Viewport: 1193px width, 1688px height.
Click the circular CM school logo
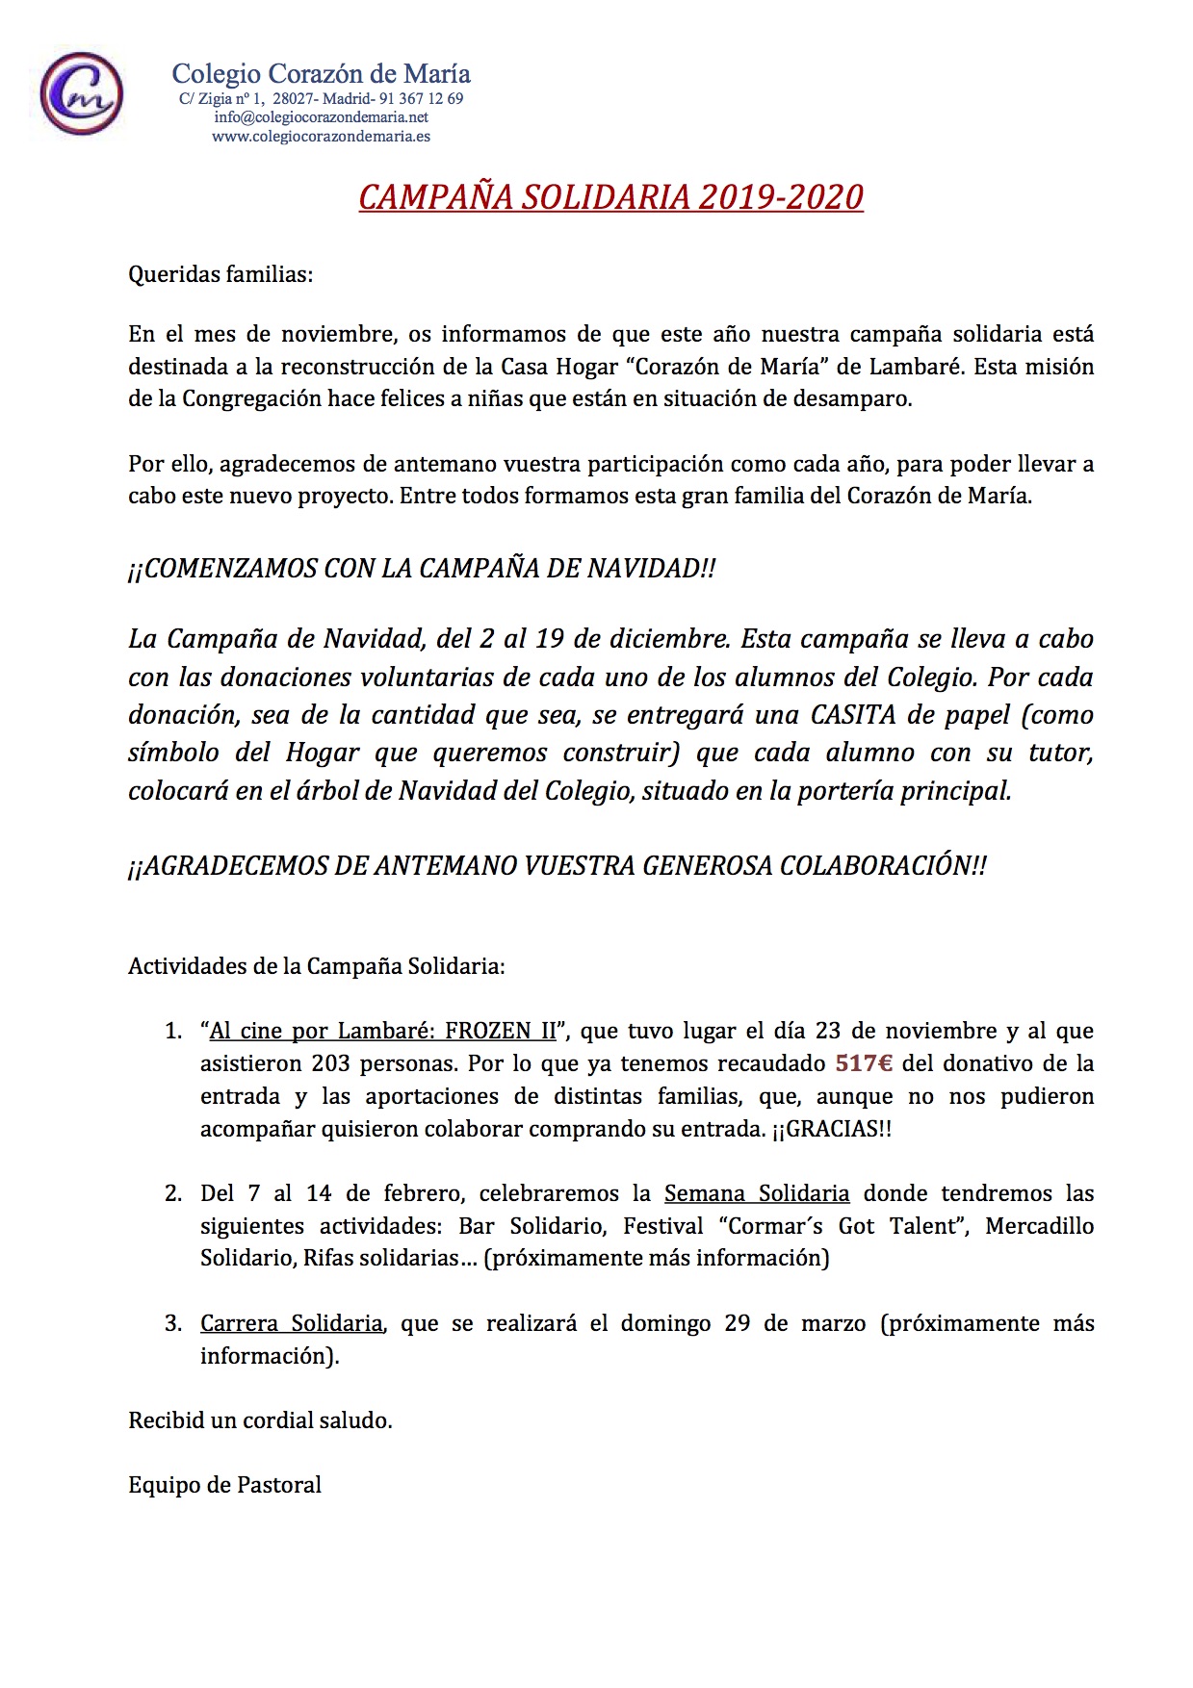click(x=81, y=95)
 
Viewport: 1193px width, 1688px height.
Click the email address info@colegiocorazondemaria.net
click(x=321, y=117)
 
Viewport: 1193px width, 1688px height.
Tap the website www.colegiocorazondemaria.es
click(x=321, y=136)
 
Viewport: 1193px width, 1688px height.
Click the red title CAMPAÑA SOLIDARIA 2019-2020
click(x=610, y=196)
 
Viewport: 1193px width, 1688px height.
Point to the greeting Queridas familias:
click(x=221, y=275)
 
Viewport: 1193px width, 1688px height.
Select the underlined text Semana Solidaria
click(x=757, y=1194)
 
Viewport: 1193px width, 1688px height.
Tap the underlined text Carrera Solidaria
click(x=292, y=1323)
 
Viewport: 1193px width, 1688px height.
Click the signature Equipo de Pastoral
click(x=224, y=1485)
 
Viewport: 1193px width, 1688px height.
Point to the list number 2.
click(x=172, y=1194)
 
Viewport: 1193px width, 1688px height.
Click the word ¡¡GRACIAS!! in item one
click(x=831, y=1129)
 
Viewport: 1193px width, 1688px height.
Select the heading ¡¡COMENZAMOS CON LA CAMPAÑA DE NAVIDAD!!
click(x=422, y=568)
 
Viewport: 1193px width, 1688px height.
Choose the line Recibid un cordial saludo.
click(x=260, y=1420)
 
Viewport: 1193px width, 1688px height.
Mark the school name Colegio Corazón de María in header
click(x=321, y=74)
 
